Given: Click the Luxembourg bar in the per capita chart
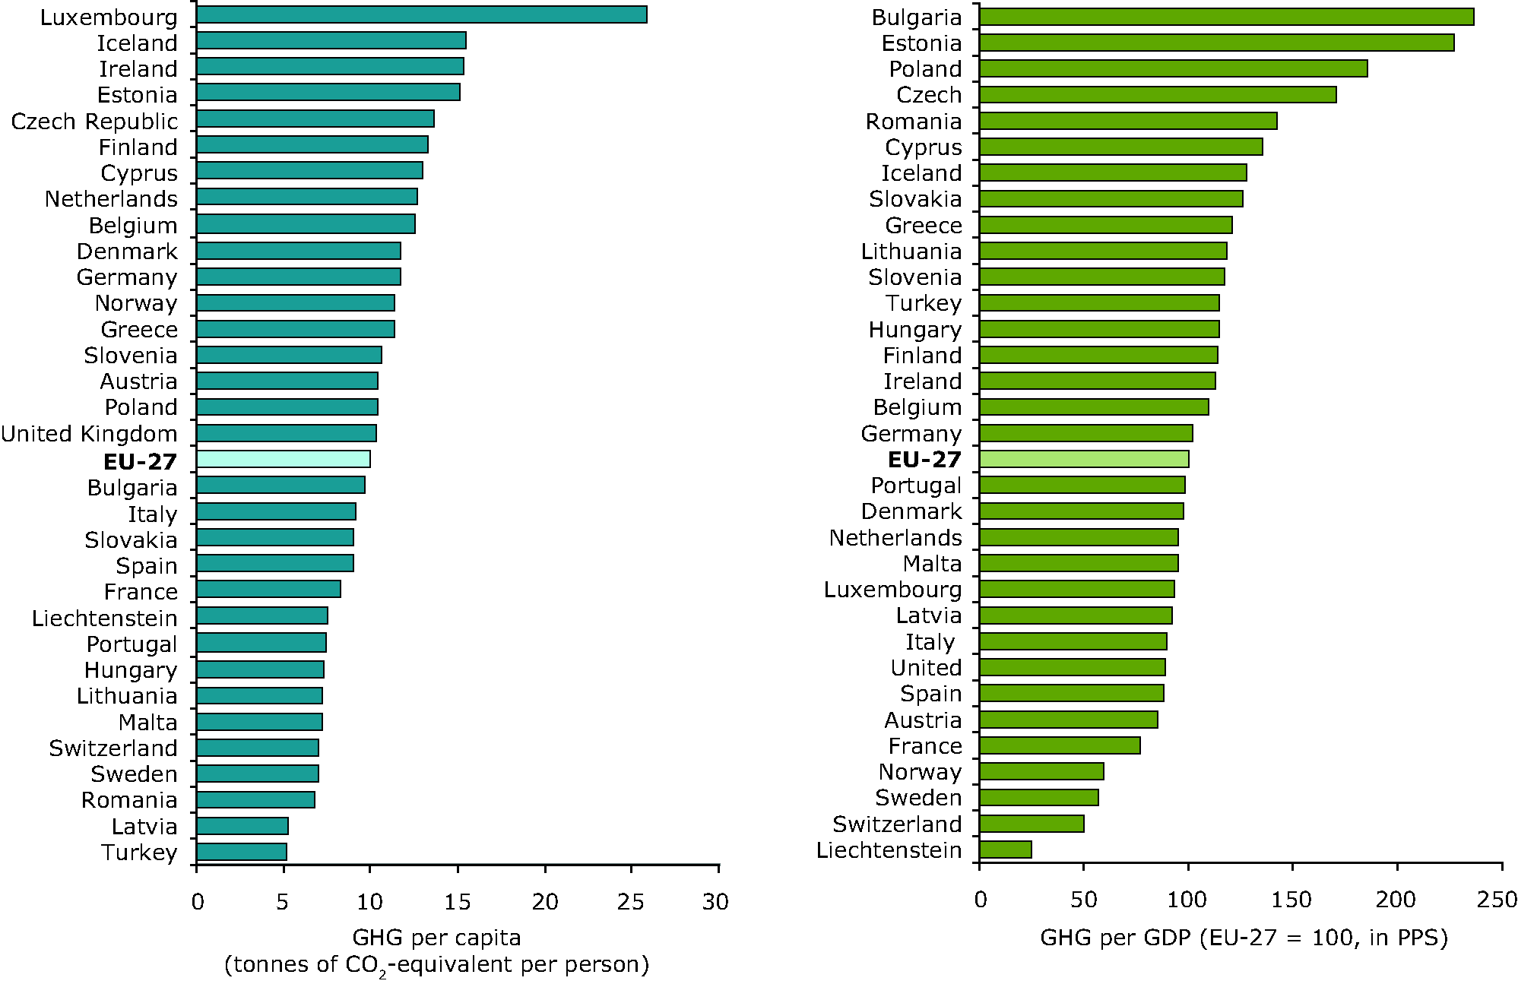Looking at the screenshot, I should point(421,15).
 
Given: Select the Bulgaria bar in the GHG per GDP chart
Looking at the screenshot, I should point(1226,17).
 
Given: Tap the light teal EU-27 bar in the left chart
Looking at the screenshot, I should point(283,459).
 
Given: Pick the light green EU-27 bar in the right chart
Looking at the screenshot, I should point(1083,459).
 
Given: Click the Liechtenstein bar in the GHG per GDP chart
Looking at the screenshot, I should point(1005,850).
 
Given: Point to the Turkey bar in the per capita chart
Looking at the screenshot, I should point(241,852).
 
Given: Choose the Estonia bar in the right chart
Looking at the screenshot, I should point(1216,43).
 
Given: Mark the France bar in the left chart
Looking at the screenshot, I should point(268,589).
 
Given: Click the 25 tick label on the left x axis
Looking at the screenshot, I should point(631,902).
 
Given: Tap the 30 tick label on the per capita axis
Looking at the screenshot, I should point(716,902).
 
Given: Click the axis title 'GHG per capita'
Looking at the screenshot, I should point(436,938).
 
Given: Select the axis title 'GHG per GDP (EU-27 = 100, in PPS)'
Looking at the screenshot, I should point(1244,938).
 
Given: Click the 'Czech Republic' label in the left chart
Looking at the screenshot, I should point(94,122).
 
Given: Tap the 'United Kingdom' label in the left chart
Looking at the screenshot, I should point(89,434).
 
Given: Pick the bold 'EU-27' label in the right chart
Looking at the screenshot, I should point(924,460).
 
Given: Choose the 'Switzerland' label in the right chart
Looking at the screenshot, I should point(897,824).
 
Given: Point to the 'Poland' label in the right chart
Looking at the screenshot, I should point(925,69).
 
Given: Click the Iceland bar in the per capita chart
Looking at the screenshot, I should point(331,41).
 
